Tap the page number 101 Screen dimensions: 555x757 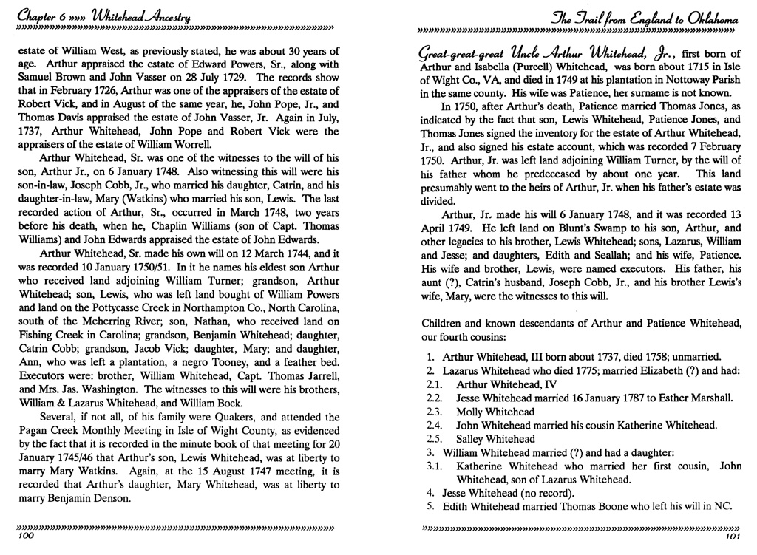pyautogui.click(x=733, y=537)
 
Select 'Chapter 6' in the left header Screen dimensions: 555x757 pyautogui.click(x=35, y=13)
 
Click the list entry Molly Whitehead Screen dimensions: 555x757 pyautogui.click(x=495, y=412)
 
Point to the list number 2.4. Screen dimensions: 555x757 pyautogui.click(x=435, y=425)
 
